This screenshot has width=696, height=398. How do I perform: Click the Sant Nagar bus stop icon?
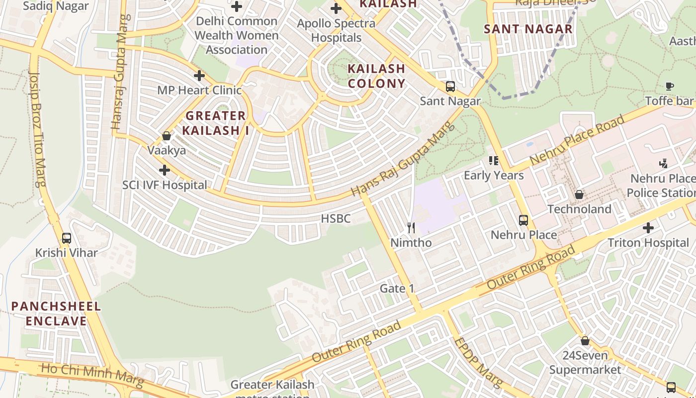450,87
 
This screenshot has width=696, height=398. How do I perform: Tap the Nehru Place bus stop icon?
523,220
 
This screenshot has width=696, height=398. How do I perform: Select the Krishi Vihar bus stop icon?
67,238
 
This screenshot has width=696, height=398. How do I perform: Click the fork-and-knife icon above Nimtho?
411,228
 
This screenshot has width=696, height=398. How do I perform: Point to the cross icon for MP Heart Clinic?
199,76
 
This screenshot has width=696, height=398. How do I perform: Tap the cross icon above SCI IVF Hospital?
165,170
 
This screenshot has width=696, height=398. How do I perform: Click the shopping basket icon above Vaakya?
167,136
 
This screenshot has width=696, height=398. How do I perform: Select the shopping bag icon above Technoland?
579,195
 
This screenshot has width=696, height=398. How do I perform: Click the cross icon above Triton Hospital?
648,228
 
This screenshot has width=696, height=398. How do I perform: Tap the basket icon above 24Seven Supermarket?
585,341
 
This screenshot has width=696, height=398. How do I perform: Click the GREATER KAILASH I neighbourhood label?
215,123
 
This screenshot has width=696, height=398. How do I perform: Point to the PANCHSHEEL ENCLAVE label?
56,313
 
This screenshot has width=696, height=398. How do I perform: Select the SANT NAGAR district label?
528,29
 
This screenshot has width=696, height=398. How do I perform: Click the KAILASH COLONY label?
376,76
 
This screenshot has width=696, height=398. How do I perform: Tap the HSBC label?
336,218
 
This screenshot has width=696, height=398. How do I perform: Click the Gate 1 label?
397,289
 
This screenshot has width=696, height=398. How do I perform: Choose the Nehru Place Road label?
577,141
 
